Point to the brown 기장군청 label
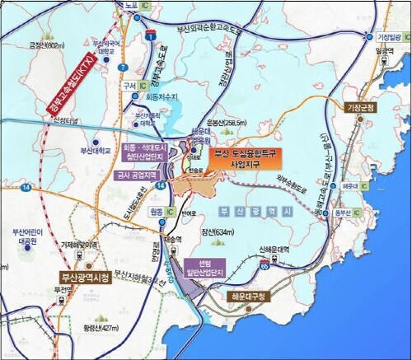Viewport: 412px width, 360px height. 359,108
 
